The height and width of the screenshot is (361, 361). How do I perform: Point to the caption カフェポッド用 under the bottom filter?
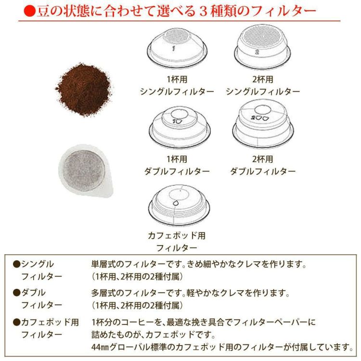coord(177,236)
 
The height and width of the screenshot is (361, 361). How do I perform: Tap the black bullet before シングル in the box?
coord(16,264)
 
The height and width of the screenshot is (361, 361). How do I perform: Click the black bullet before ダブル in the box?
coord(16,293)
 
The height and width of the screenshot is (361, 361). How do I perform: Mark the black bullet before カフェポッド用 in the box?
coord(16,321)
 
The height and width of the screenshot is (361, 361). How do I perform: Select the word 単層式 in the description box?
coord(103,264)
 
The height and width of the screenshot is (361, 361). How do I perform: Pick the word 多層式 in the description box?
coord(103,293)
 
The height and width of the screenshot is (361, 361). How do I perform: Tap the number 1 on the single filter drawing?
coord(174,48)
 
